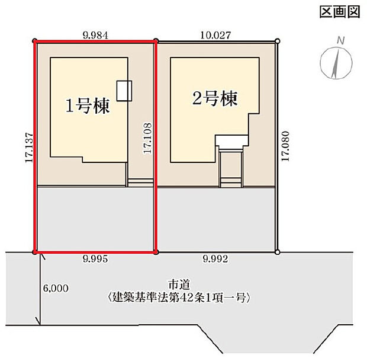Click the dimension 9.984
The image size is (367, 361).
(95, 35)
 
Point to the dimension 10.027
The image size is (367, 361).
(216, 35)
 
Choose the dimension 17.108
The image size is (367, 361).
(147, 139)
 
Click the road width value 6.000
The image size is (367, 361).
(56, 289)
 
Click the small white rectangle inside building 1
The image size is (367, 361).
(124, 90)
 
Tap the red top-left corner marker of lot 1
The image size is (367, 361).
(35, 41)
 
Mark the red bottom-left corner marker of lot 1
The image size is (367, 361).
(36, 252)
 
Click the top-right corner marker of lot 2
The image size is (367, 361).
(277, 41)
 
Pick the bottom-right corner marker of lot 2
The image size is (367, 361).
(277, 251)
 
